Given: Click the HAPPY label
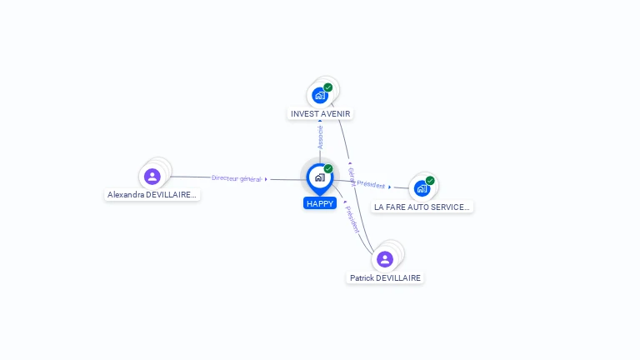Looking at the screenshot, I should click(319, 203).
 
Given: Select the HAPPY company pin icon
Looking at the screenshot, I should click(319, 177).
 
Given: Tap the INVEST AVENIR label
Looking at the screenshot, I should click(321, 113).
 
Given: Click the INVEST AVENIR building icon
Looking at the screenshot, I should click(320, 95).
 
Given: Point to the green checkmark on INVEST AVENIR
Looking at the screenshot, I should click(328, 87).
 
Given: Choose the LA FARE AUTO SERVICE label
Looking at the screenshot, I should click(422, 207).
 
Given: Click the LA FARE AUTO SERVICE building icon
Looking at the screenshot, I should click(422, 188).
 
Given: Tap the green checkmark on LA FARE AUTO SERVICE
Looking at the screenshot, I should click(430, 180).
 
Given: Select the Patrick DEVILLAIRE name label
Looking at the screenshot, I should click(385, 277).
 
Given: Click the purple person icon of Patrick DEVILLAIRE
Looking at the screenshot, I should click(385, 258).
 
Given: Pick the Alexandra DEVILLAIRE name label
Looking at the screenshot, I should click(152, 195).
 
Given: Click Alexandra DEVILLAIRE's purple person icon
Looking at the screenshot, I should click(152, 177).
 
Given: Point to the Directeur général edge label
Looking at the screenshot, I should click(237, 178).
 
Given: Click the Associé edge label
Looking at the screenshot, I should click(321, 137).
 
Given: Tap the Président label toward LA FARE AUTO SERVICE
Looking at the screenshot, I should click(371, 185).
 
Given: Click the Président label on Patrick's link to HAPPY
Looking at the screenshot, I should click(352, 218).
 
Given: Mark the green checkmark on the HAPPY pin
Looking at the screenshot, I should click(328, 168).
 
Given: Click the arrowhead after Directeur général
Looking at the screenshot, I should click(266, 179).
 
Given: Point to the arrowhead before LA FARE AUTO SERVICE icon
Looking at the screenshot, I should click(390, 187).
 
